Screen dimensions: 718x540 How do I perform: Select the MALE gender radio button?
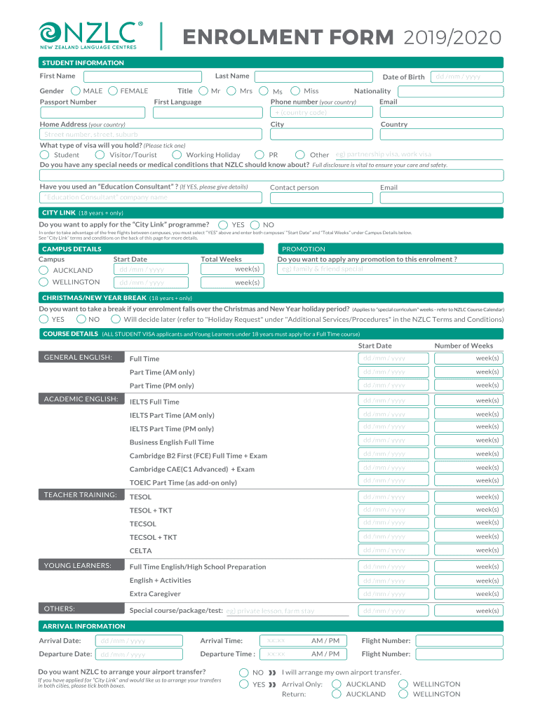pyautogui.click(x=75, y=90)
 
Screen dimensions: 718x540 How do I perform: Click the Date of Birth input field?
pyautogui.click(x=466, y=76)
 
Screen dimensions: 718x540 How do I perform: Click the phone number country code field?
pyautogui.click(x=386, y=112)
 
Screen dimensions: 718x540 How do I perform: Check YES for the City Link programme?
pyautogui.click(x=224, y=224)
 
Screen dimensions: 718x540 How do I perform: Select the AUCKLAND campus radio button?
pyautogui.click(x=44, y=270)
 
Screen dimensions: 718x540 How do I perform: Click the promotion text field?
pyautogui.click(x=390, y=269)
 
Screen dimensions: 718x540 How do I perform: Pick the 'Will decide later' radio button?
pyautogui.click(x=115, y=319)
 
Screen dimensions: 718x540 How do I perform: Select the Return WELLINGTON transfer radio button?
pyautogui.click(x=403, y=693)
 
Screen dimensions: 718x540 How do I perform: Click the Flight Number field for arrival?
pyautogui.click(x=459, y=640)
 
